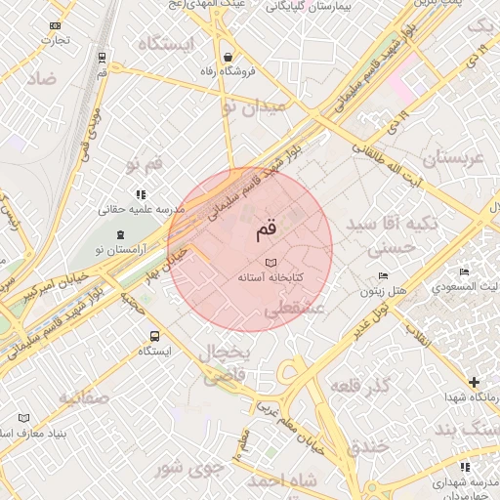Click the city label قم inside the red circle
pyautogui.click(x=267, y=230)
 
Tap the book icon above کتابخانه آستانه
pyautogui.click(x=271, y=263)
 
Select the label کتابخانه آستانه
pyautogui.click(x=271, y=278)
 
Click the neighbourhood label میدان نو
pyautogui.click(x=256, y=106)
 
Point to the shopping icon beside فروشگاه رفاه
pyautogui.click(x=228, y=57)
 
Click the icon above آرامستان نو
pyautogui.click(x=120, y=234)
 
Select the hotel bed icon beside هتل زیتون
pyautogui.click(x=383, y=276)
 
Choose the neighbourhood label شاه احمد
pyautogui.click(x=283, y=481)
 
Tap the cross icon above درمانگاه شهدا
pyautogui.click(x=475, y=382)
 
